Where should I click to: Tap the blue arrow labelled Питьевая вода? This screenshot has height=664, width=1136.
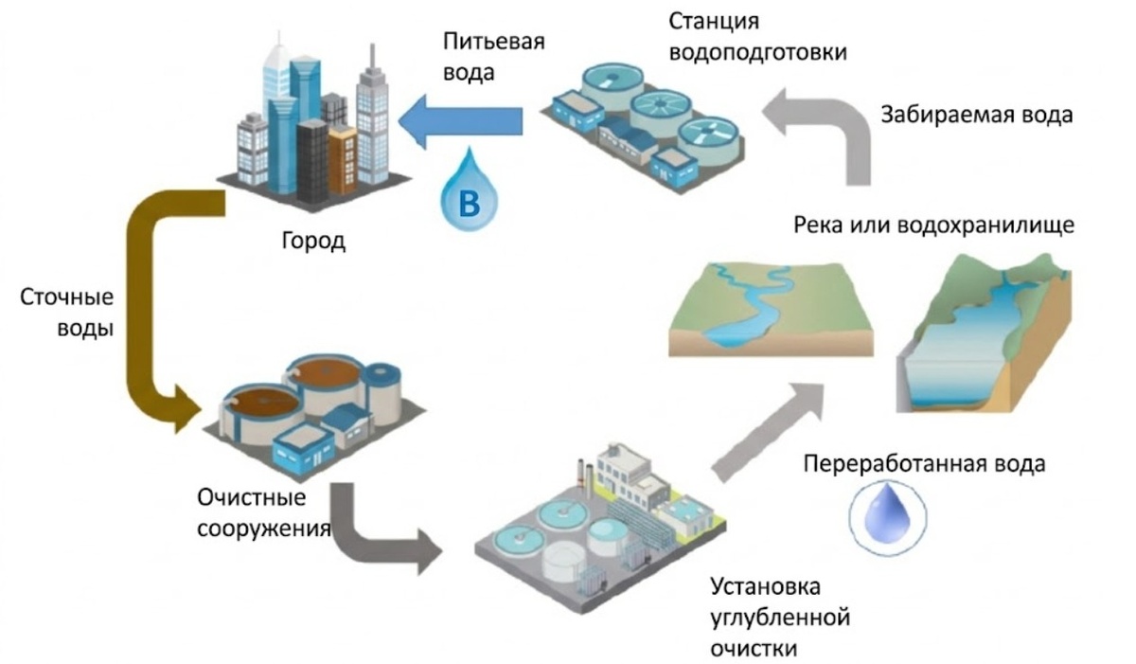(464, 120)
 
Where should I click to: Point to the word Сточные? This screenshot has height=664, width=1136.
(67, 298)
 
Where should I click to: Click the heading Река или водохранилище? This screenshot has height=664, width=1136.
(932, 226)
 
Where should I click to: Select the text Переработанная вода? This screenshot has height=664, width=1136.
(923, 464)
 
